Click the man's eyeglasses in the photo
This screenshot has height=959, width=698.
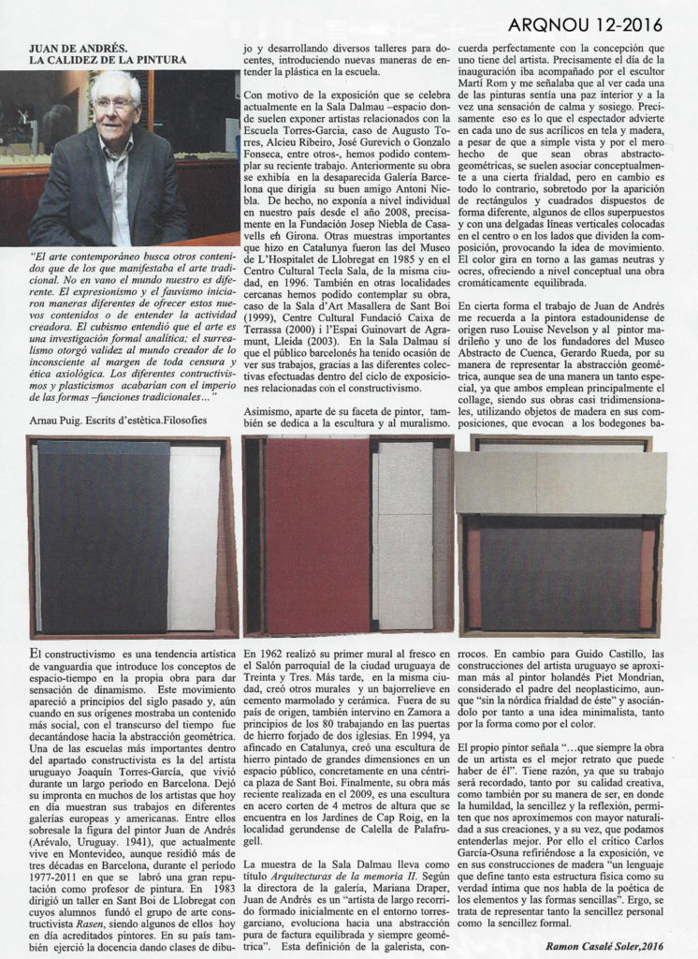(x=113, y=104)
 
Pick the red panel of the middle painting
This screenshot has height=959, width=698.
(x=318, y=534)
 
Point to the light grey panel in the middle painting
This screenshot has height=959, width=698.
(x=405, y=534)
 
